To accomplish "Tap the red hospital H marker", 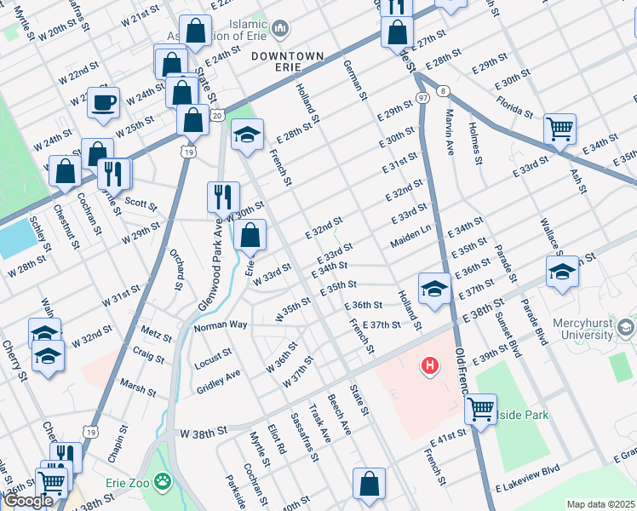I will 431,367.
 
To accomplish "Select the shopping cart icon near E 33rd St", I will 560,129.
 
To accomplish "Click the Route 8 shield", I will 443,89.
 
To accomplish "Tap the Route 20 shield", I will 217,114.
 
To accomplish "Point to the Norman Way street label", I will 220,325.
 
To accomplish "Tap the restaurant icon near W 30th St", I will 223,196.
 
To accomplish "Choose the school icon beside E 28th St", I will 247,135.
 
